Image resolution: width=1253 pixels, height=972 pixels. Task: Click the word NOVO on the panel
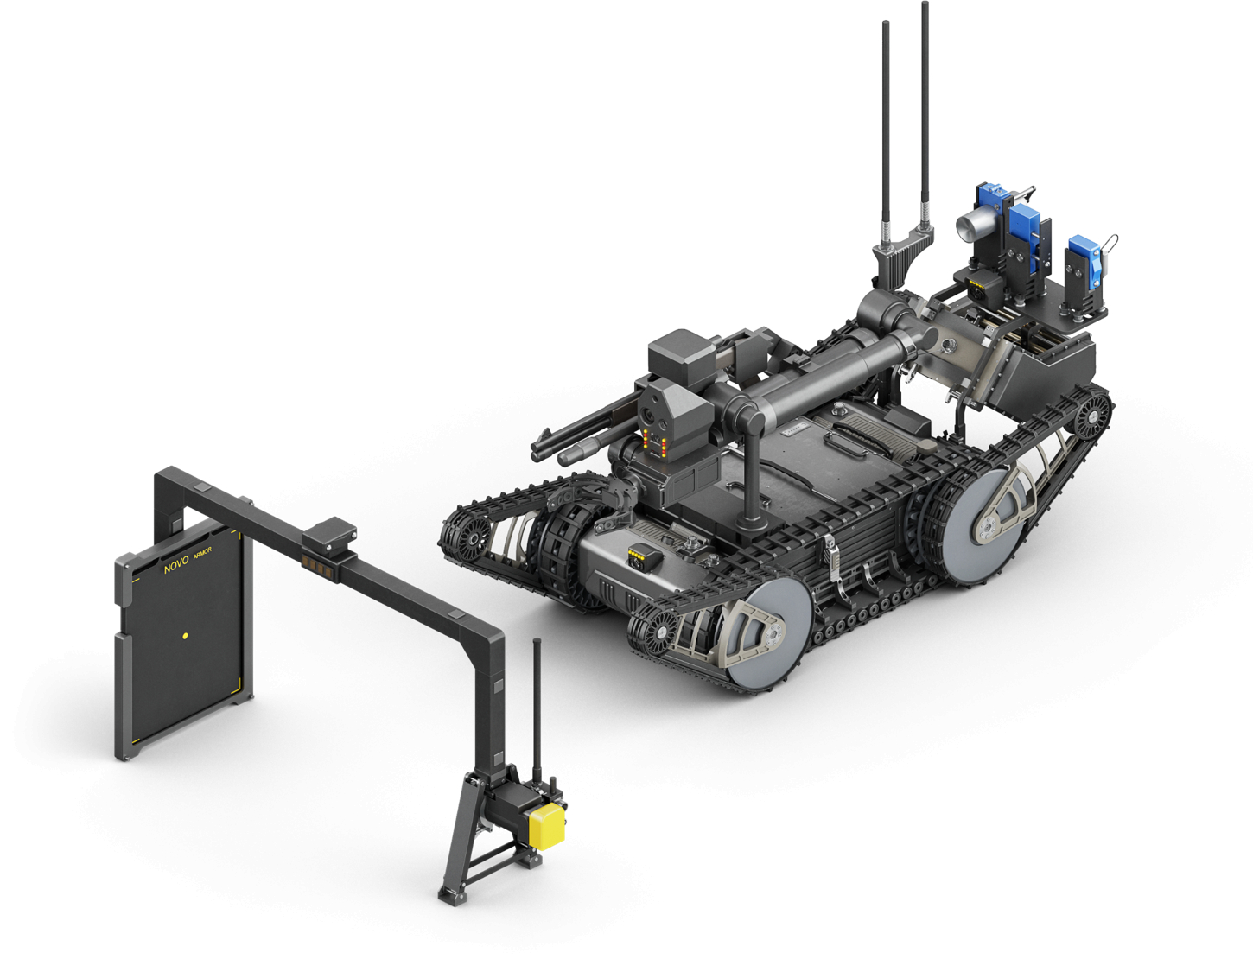click(x=176, y=565)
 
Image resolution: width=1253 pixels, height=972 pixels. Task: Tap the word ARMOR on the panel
click(x=202, y=553)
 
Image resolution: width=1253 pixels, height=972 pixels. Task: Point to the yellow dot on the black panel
click(x=185, y=636)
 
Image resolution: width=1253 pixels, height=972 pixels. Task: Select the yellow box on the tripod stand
click(x=547, y=827)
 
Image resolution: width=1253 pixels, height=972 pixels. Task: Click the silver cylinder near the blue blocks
click(x=971, y=226)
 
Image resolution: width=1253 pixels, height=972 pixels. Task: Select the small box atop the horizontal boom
click(x=329, y=537)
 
